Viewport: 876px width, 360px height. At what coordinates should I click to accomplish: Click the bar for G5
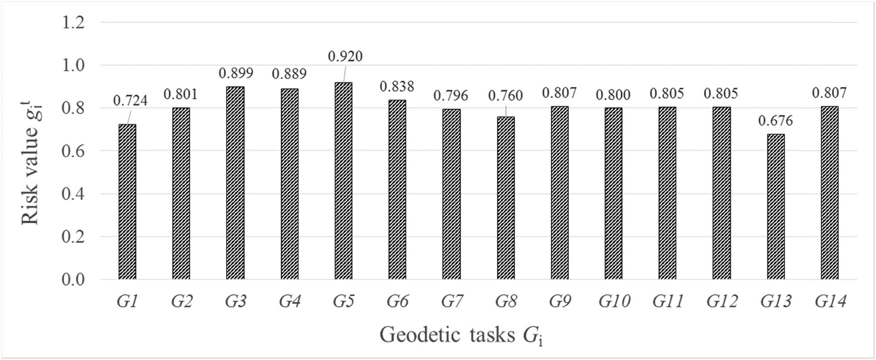[343, 181]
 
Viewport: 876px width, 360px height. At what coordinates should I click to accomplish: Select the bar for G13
[776, 207]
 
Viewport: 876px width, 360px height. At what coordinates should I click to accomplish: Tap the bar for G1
[127, 202]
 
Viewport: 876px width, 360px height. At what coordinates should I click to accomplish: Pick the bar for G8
[506, 198]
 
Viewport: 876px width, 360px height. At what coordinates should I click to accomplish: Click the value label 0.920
[345, 56]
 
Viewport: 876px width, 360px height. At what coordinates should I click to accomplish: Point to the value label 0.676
[775, 121]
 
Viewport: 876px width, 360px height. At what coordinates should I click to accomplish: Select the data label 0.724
[130, 101]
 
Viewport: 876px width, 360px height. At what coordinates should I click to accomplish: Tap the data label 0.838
[397, 87]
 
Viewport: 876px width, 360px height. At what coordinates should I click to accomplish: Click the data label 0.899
[236, 73]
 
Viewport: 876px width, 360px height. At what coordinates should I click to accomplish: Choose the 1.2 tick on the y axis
[73, 23]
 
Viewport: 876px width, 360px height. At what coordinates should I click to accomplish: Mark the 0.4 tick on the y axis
[73, 194]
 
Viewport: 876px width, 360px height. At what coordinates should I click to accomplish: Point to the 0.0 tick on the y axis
[73, 279]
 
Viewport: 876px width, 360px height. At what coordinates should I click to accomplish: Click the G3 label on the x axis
[235, 301]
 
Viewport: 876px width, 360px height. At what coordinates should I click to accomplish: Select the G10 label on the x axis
[614, 301]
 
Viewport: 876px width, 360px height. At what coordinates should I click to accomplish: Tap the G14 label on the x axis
[830, 301]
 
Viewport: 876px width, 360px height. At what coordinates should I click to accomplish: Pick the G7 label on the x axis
[452, 301]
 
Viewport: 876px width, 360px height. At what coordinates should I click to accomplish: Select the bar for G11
[667, 193]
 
